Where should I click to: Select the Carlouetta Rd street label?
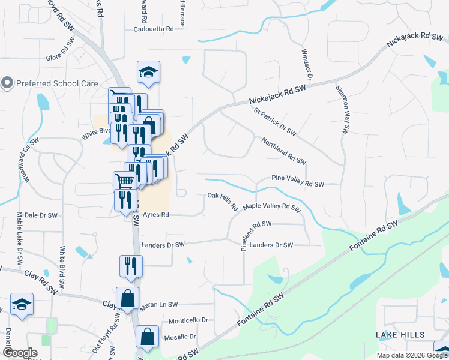coord(154,29)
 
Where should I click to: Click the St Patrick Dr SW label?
coord(276,121)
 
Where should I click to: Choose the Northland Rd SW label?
coord(283,151)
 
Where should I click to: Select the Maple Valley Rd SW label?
coord(271,208)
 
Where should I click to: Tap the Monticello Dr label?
coord(188,320)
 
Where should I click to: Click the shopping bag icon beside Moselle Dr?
coord(147,338)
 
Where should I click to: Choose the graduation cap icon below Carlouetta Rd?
coord(148,73)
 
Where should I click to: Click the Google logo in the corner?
coord(20,353)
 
